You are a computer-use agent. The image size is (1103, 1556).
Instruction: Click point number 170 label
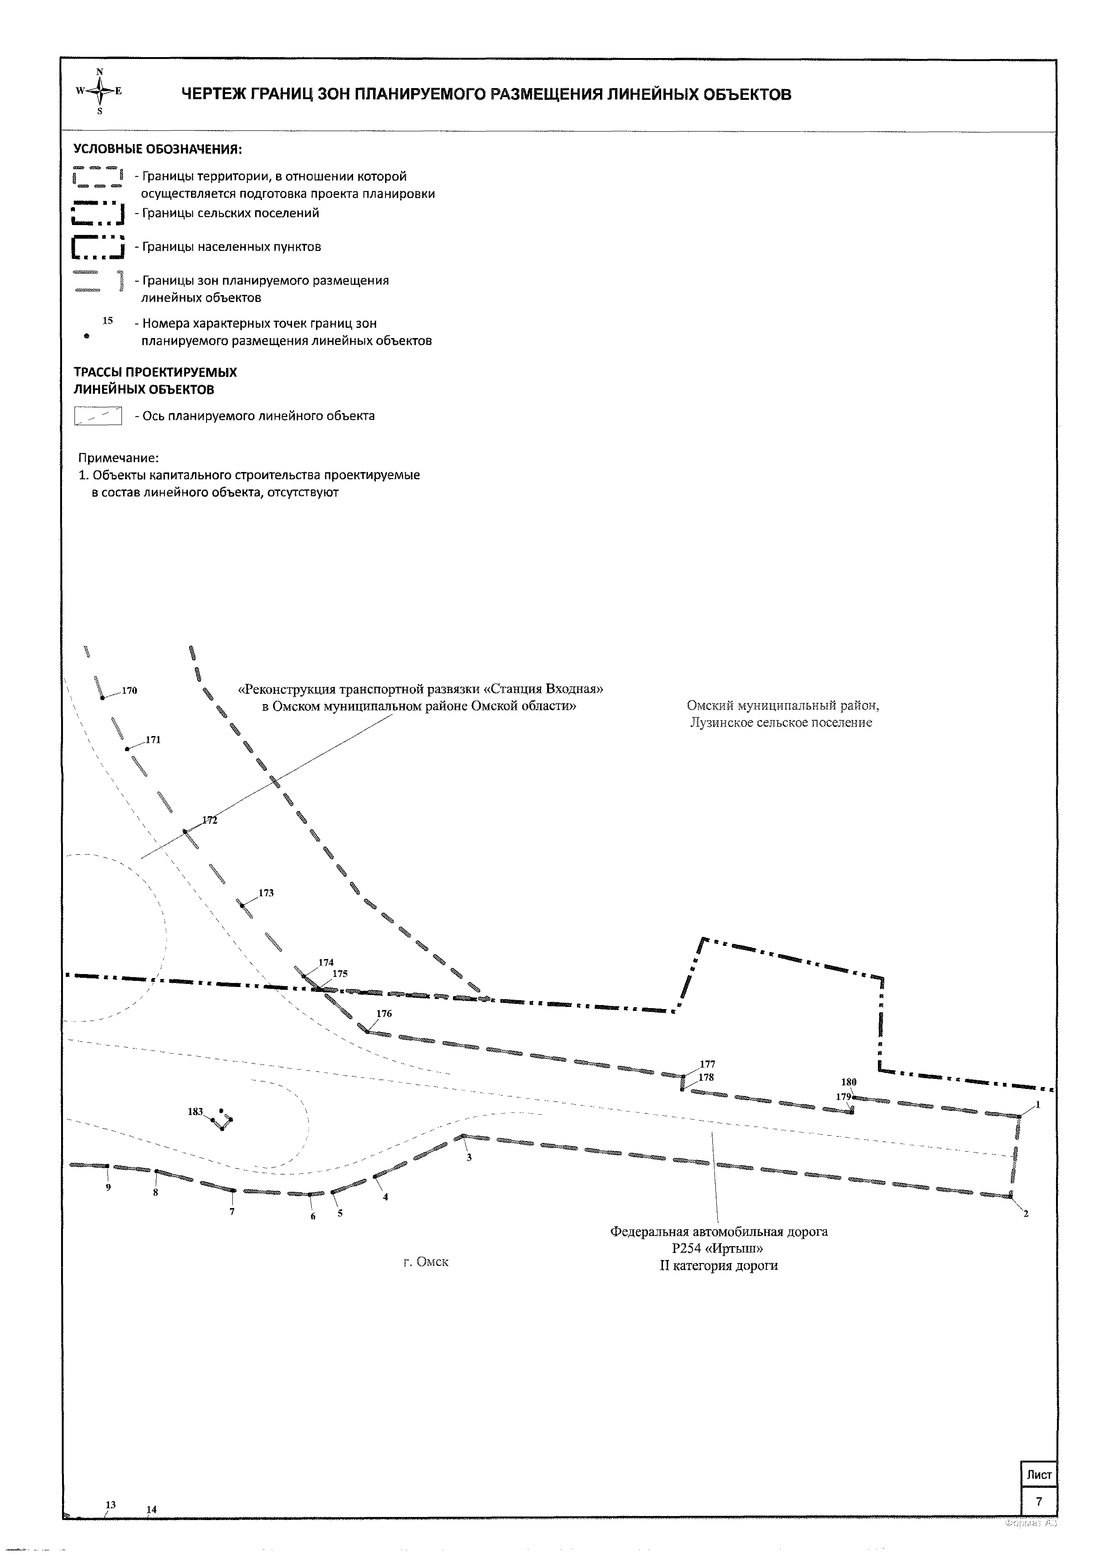click(129, 691)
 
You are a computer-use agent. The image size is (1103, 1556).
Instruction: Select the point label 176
click(384, 1013)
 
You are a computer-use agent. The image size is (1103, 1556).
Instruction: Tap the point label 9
click(108, 1188)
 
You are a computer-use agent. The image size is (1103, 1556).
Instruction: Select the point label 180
click(849, 1082)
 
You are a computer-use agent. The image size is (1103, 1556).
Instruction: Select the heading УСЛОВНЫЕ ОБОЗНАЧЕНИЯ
click(158, 149)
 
